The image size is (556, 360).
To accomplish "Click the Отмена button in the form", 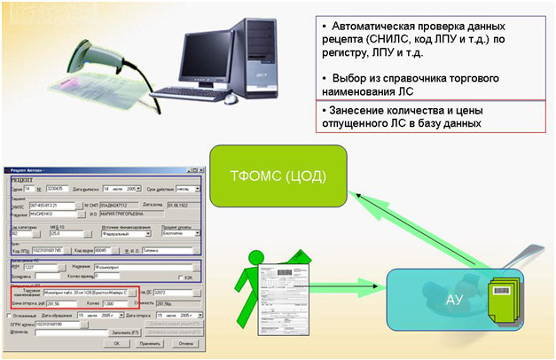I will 186,341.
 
